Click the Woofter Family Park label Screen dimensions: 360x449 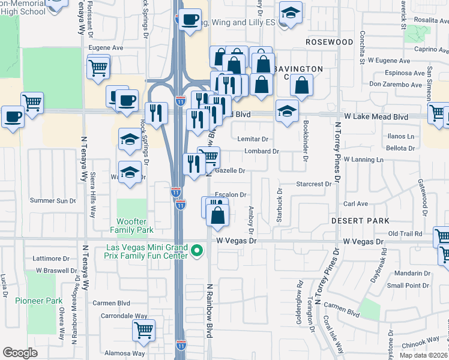131,225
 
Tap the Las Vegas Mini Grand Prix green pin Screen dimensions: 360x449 196,251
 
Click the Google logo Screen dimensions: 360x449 20,353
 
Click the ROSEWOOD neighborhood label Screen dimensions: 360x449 329,42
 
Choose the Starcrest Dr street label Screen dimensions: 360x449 313,184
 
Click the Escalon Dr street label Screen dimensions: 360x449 231,195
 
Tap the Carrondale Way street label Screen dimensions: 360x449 124,316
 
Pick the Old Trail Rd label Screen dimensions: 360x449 406,233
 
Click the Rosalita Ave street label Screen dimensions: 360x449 427,20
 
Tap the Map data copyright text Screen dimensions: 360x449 424,355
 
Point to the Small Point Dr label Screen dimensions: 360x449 407,285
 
